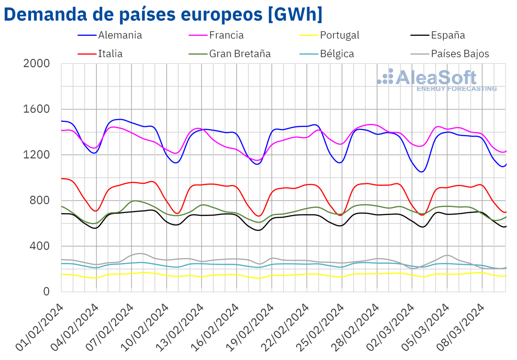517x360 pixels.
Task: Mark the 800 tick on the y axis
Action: (43, 200)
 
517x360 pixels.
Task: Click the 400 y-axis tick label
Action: (43, 246)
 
